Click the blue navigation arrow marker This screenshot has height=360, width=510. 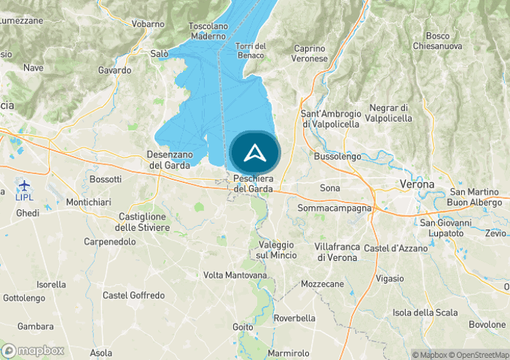point(254,153)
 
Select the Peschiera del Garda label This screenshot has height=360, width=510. point(254,184)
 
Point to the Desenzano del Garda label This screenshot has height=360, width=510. point(170,160)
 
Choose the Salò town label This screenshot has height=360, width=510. point(159,53)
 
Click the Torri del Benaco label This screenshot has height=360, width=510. point(251,51)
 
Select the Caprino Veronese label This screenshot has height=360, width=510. point(309,53)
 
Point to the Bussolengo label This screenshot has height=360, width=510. point(337,156)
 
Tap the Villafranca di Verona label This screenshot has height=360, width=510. point(337,251)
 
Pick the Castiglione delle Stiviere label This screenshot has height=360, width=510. point(144,222)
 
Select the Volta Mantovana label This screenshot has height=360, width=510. point(235,275)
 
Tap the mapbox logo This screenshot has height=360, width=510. point(33,351)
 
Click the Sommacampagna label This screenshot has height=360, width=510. point(334,208)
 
